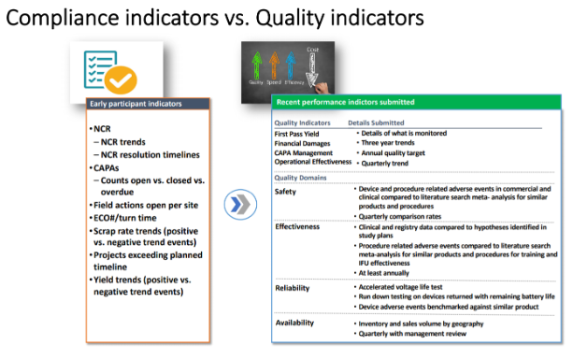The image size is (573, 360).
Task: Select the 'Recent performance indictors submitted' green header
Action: [x=346, y=101]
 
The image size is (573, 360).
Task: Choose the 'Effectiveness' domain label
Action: [x=298, y=226]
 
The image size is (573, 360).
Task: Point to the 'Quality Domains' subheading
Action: [x=304, y=177]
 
